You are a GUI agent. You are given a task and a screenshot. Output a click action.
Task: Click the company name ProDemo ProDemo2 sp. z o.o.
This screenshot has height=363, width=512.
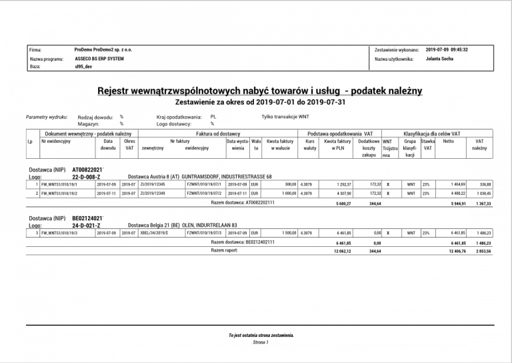(103, 49)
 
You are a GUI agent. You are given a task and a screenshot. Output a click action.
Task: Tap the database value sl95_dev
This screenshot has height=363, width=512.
(85, 67)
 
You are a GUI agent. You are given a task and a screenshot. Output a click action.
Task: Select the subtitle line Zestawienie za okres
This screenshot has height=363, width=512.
(259, 103)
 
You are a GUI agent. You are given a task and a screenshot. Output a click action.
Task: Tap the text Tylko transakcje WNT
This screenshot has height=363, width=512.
(285, 116)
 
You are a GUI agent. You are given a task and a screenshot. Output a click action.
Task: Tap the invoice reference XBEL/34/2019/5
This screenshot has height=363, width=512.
(155, 233)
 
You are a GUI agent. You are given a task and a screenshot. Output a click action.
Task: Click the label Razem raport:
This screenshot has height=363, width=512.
(224, 250)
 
